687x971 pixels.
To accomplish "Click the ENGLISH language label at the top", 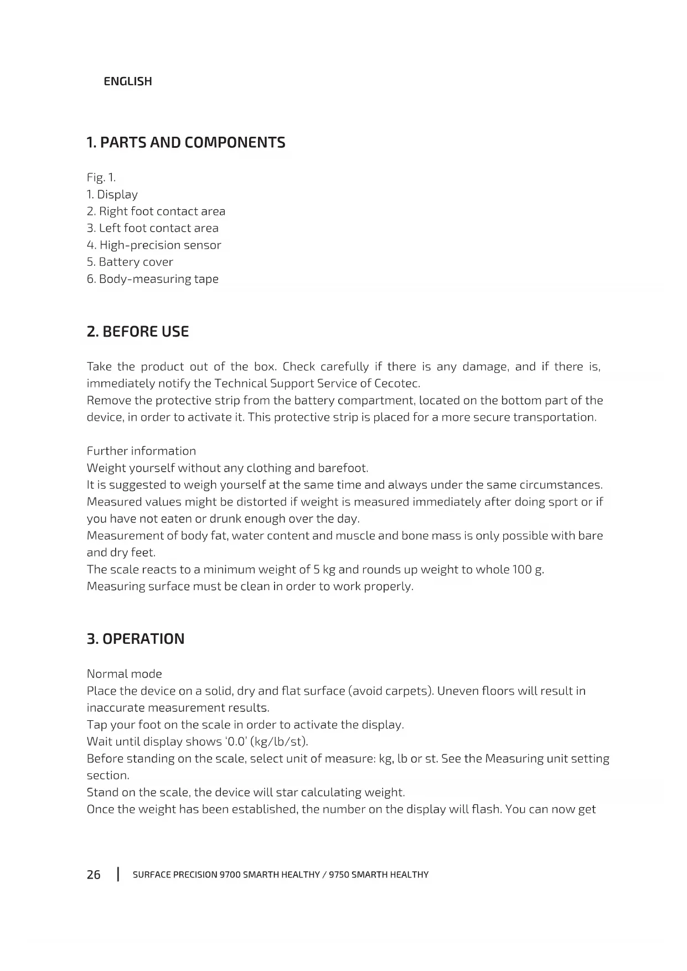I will pyautogui.click(x=127, y=81).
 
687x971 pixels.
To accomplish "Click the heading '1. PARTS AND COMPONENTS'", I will pyautogui.click(x=186, y=143).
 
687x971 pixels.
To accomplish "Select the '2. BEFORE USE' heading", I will pyautogui.click(x=138, y=332).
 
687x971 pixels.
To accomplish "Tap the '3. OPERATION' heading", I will pyautogui.click(x=136, y=639).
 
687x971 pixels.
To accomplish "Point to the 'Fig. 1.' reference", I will pyautogui.click(x=101, y=178).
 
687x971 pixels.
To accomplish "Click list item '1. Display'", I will pyautogui.click(x=112, y=194).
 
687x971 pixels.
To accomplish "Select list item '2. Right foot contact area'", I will pyautogui.click(x=156, y=211).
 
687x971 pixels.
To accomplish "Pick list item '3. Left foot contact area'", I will pyautogui.click(x=153, y=228).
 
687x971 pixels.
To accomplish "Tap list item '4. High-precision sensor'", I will pyautogui.click(x=154, y=245).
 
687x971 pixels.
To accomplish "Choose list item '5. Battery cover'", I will pyautogui.click(x=130, y=262).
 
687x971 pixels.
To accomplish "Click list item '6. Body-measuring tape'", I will pyautogui.click(x=153, y=279).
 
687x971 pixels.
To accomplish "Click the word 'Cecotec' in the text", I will pyautogui.click(x=396, y=384).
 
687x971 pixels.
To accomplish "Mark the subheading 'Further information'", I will pyautogui.click(x=141, y=451).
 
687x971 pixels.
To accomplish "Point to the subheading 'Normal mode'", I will pyautogui.click(x=125, y=674).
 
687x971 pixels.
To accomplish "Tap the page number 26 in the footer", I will pyautogui.click(x=94, y=875).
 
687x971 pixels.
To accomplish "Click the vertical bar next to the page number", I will pyautogui.click(x=118, y=875).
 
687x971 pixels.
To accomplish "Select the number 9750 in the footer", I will pyautogui.click(x=338, y=875).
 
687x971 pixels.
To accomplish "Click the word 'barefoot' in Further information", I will pyautogui.click(x=342, y=468).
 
